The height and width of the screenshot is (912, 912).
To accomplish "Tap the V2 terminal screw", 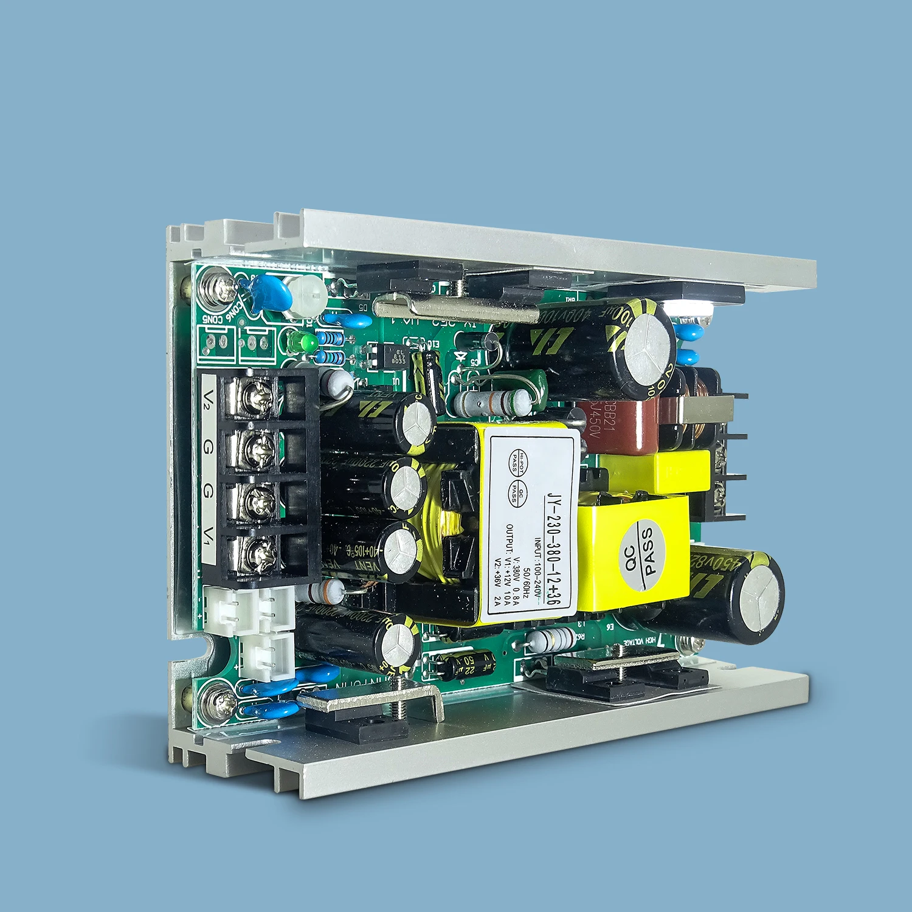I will point(255,396).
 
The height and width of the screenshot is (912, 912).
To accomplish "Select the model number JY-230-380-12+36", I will point(551,547).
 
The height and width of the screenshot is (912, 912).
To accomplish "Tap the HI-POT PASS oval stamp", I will point(518,462).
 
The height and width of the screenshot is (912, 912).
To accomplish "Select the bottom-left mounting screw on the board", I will point(220,704).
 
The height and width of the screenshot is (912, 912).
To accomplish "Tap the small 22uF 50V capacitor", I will point(467,665).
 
